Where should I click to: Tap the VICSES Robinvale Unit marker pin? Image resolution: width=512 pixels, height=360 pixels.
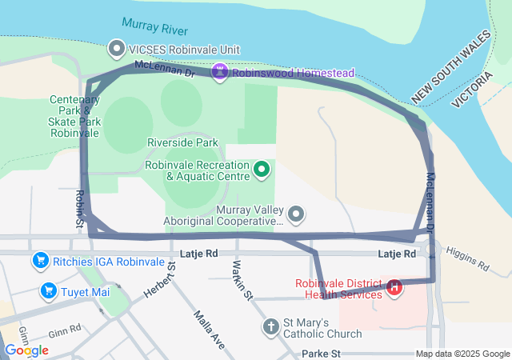[x=117, y=50]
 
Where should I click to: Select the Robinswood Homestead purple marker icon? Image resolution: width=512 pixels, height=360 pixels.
[x=220, y=72]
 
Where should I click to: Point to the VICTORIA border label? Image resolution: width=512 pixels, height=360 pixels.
[x=473, y=88]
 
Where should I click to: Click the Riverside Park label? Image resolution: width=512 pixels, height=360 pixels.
[x=182, y=142]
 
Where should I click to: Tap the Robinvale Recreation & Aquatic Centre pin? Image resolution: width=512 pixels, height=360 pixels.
[x=261, y=169]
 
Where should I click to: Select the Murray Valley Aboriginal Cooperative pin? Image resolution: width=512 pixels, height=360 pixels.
[x=297, y=214]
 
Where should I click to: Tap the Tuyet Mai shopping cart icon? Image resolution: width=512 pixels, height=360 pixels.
[x=48, y=291]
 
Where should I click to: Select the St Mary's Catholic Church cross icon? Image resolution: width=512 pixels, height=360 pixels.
[x=271, y=326]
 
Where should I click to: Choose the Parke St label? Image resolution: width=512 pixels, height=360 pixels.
[x=322, y=353]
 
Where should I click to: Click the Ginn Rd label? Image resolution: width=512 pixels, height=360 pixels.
[x=65, y=329]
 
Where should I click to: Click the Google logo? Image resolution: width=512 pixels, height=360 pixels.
[x=26, y=350]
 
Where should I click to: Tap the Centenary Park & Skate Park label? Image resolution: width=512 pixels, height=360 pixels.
[x=74, y=116]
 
